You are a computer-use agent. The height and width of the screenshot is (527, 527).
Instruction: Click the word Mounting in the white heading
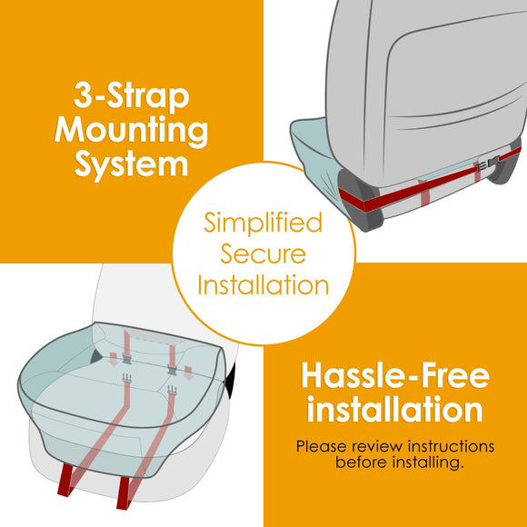point(132,131)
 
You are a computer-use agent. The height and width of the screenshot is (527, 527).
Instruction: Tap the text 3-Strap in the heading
point(132,95)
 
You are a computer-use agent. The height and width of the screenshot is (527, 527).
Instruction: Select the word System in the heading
point(131,164)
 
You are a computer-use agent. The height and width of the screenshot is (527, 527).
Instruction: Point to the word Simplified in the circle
point(263,223)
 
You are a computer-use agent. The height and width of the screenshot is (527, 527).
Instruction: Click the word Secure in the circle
point(263,254)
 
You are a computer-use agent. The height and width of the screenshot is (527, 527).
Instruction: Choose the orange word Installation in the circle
point(263,284)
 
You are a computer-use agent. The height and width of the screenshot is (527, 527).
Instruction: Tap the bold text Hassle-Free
point(395,375)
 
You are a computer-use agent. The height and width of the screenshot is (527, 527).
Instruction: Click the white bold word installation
point(395,409)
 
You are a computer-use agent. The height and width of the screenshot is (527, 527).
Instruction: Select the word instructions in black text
point(451,447)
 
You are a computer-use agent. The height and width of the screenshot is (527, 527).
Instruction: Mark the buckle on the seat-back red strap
point(488,164)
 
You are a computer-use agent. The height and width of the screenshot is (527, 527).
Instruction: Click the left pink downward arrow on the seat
point(114,359)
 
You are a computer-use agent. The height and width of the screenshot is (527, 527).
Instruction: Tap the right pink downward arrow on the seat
point(188,373)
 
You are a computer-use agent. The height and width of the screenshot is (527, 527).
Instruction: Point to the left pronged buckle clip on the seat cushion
point(126,378)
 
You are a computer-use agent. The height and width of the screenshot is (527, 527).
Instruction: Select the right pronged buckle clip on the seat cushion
point(172,390)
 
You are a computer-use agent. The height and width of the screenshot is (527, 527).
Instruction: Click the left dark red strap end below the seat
point(65,480)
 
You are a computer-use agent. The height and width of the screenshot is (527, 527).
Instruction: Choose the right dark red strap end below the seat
point(124,492)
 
